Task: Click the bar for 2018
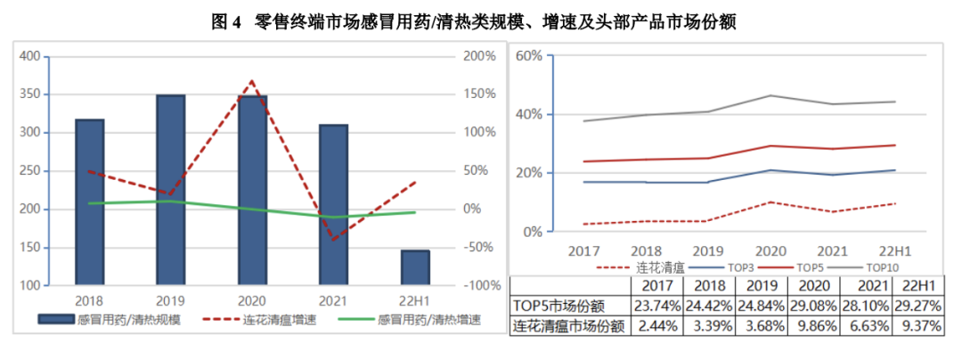[89, 202]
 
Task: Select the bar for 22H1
[415, 267]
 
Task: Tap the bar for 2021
[333, 205]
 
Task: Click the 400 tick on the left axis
[29, 56]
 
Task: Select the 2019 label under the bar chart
[170, 300]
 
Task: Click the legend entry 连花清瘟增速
[273, 319]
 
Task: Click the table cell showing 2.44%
[656, 326]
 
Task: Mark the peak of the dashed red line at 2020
[252, 81]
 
